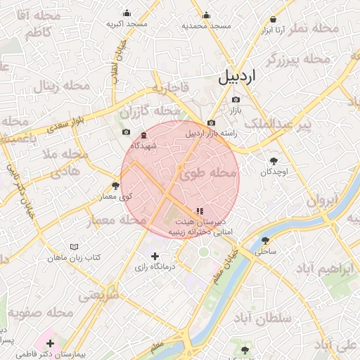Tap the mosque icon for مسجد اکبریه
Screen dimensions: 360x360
pos(127,13)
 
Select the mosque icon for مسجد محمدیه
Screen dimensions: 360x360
pos(206,15)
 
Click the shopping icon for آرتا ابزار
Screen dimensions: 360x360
pos(272,19)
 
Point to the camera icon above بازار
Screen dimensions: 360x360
pos(236,99)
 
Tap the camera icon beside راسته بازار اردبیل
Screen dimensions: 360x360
pos(211,123)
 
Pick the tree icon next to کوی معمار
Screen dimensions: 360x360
pos(115,186)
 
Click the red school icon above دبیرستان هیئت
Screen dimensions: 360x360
pos(200,210)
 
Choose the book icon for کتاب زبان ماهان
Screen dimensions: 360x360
pos(75,247)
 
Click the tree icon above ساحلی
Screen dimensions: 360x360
pos(265,240)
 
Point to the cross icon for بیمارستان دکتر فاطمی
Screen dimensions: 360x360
pos(50,343)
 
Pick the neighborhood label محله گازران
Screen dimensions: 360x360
pos(149,111)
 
